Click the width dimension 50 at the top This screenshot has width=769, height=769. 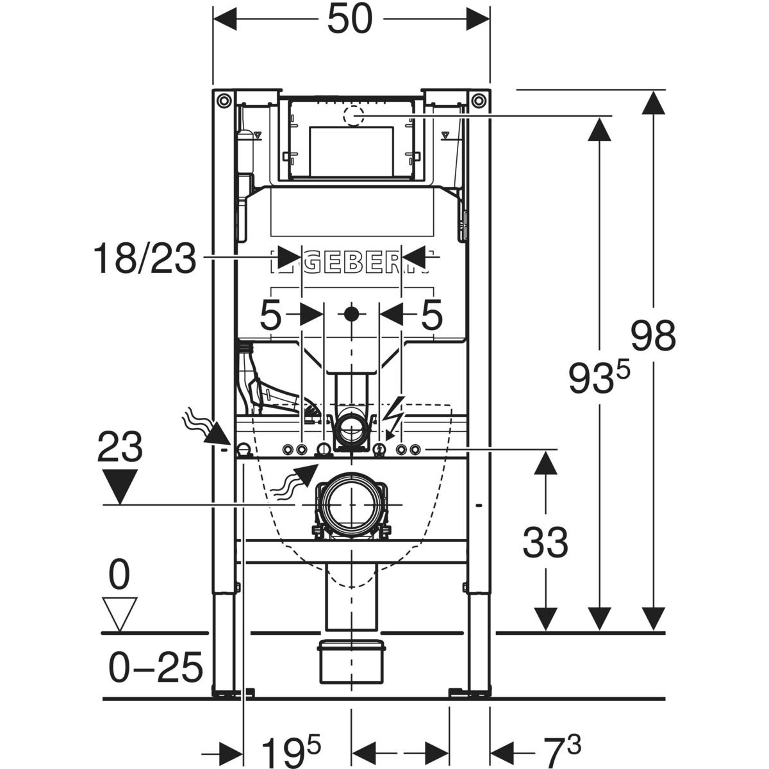350,19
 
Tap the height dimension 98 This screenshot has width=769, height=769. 653,336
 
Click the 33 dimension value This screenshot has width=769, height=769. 545,543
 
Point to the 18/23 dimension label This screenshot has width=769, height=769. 145,259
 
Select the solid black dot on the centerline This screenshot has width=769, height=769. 351,314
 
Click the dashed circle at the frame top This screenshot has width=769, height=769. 352,116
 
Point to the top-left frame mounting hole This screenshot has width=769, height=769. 222,101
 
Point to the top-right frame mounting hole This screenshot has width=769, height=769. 479,101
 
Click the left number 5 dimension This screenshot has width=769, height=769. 271,315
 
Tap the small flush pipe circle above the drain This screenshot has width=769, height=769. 351,427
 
